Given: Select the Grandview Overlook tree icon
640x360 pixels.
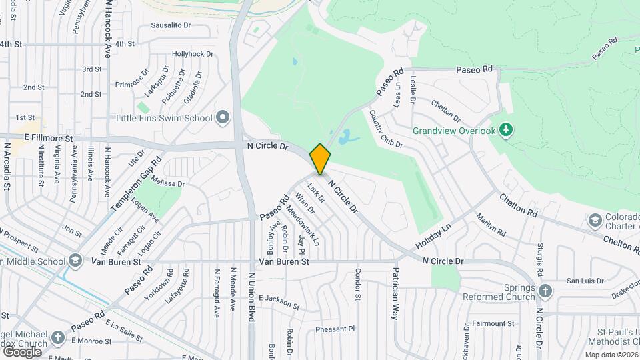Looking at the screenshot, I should pos(507,129).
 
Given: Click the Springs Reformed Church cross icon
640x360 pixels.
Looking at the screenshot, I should pos(545,291).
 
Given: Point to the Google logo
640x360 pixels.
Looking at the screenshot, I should pos(22,352).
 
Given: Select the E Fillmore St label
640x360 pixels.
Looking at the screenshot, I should pos(48,137).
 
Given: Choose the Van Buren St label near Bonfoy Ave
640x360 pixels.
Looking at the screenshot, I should pos(284,262).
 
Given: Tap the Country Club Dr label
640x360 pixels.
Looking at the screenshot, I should pos(386,129).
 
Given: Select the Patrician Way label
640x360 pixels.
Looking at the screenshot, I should pos(396,294).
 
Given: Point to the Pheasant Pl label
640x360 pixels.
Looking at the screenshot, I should pos(335,329).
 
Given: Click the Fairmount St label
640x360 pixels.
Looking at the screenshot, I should pos(493,323).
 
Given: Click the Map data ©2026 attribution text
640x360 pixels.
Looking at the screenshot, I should pos(611,355).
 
